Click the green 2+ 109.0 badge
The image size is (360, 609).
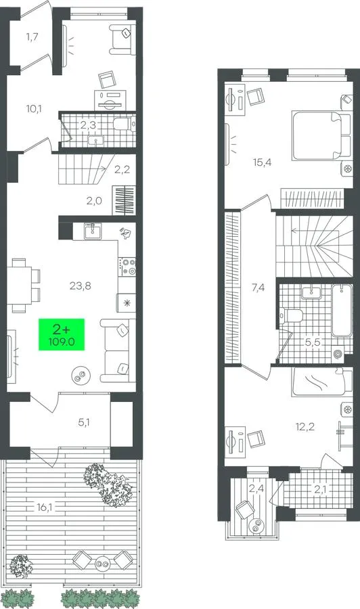62,334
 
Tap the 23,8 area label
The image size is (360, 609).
81,286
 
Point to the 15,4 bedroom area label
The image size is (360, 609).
262,162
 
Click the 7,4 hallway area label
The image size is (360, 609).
258,288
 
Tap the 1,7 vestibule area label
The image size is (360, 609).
32,37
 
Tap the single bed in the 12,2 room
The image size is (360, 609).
323,382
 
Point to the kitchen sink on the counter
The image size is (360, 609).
93,231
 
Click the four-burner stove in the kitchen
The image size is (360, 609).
127,267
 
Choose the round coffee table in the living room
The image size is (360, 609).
81,375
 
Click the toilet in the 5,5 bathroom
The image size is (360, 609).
292,315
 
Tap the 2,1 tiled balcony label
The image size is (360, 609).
319,490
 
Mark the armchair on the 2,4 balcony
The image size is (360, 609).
245,510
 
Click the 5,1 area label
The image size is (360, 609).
84,422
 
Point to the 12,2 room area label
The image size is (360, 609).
305,427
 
